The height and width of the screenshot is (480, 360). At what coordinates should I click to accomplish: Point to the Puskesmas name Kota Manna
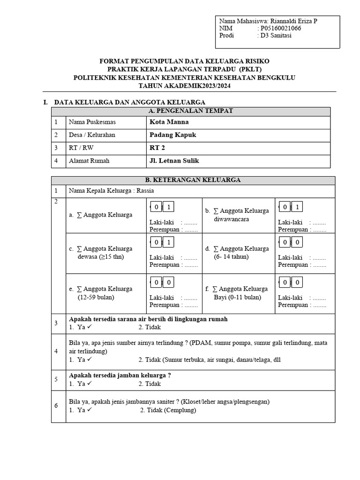[169, 122]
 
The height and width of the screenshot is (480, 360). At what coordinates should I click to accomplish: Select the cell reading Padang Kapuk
[172, 135]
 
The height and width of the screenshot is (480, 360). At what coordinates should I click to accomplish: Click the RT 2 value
[157, 148]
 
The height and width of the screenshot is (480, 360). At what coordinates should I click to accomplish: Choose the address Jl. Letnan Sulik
[174, 161]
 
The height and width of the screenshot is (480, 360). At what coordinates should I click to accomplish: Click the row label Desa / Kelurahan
[92, 135]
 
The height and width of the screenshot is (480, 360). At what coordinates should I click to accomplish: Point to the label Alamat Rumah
[89, 161]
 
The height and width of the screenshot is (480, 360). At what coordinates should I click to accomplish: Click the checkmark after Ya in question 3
[90, 326]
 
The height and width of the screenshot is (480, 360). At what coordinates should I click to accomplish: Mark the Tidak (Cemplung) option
[168, 410]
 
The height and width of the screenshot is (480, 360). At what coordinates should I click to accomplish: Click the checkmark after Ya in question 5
[90, 383]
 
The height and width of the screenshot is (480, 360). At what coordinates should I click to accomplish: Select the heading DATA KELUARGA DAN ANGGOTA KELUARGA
[130, 102]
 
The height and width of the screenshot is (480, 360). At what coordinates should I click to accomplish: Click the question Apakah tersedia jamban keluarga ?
[120, 375]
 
